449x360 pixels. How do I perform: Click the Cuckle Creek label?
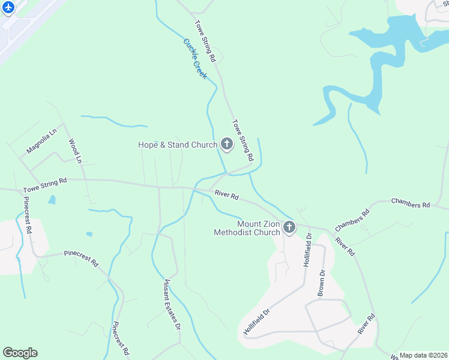pyautogui.click(x=195, y=59)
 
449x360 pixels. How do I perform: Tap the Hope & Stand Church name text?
pyautogui.click(x=178, y=145)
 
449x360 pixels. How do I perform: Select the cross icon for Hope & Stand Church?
pyautogui.click(x=227, y=144)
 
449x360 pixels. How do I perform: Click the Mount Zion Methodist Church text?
pyautogui.click(x=247, y=228)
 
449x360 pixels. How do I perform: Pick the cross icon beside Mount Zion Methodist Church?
pyautogui.click(x=289, y=227)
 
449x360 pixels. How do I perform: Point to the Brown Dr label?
pyautogui.click(x=321, y=281)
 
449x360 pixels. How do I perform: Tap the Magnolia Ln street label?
pyautogui.click(x=41, y=140)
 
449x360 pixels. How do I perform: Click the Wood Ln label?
pyautogui.click(x=74, y=151)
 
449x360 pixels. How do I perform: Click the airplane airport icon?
pyautogui.click(x=8, y=8)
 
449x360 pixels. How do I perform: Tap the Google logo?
pyautogui.click(x=20, y=353)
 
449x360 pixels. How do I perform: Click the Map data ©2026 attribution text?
pyautogui.click(x=423, y=355)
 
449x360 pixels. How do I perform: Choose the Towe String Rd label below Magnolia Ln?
pyautogui.click(x=45, y=185)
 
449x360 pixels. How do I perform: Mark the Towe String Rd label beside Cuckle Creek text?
pyautogui.click(x=205, y=41)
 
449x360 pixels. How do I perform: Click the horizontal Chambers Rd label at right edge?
pyautogui.click(x=411, y=204)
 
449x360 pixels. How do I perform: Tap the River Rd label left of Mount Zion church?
pyautogui.click(x=227, y=196)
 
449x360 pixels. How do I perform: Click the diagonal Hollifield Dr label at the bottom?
pyautogui.click(x=258, y=322)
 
